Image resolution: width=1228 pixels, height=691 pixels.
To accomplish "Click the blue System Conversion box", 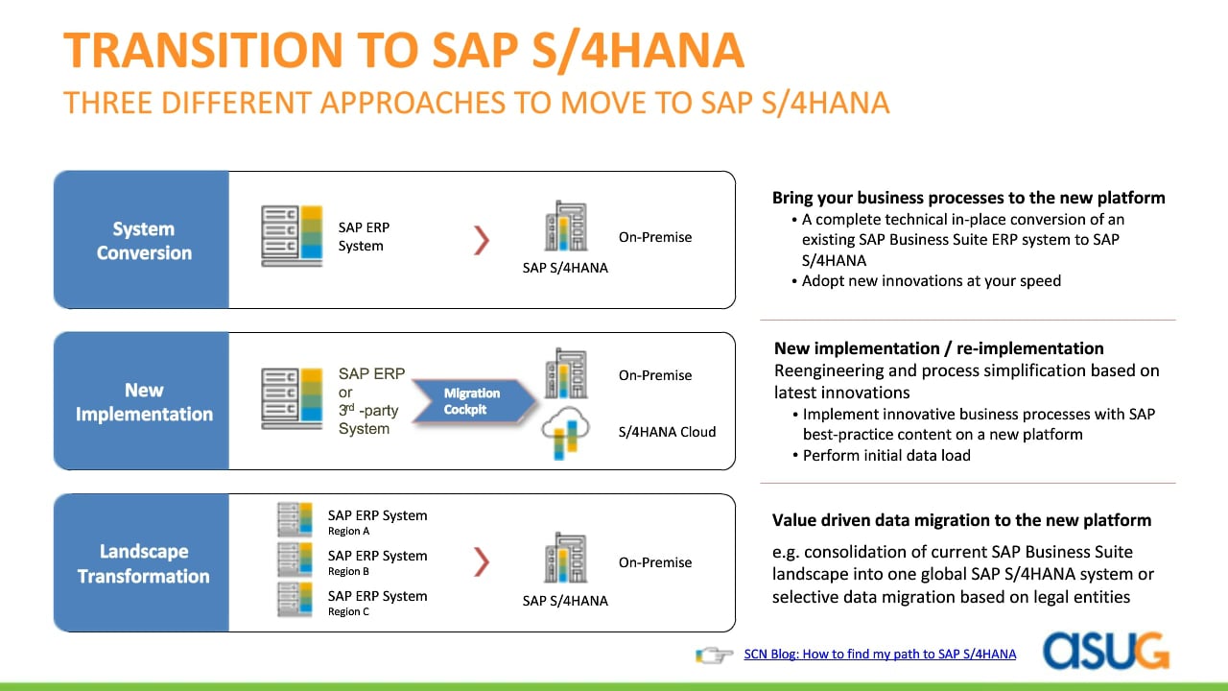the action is (141, 240).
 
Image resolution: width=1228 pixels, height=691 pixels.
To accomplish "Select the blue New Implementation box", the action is (141, 401).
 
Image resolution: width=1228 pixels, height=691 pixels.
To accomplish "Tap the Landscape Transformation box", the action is (141, 562).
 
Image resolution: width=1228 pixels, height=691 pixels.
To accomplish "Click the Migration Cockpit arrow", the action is (474, 401).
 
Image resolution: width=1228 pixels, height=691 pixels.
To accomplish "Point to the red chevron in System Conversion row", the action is (482, 240).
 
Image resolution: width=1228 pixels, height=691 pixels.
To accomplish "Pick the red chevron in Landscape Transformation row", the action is (482, 561).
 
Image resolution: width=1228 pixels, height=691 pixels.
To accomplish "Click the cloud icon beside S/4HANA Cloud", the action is (565, 433).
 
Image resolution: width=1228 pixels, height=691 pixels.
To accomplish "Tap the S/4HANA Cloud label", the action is (667, 432).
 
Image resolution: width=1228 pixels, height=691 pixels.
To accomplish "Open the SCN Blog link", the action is (880, 654).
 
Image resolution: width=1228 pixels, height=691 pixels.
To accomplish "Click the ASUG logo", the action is (1106, 651).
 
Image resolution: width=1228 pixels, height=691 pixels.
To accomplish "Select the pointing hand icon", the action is (714, 655).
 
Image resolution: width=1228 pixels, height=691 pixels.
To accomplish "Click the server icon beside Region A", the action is (295, 519).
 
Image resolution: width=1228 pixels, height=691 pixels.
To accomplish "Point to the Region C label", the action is (348, 611).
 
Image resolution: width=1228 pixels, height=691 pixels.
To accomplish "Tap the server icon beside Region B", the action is (295, 560).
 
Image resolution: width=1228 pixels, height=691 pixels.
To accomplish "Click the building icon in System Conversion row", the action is (566, 226).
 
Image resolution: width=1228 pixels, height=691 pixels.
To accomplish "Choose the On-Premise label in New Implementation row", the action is (655, 375).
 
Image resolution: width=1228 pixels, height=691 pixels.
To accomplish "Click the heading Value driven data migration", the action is (961, 520).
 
